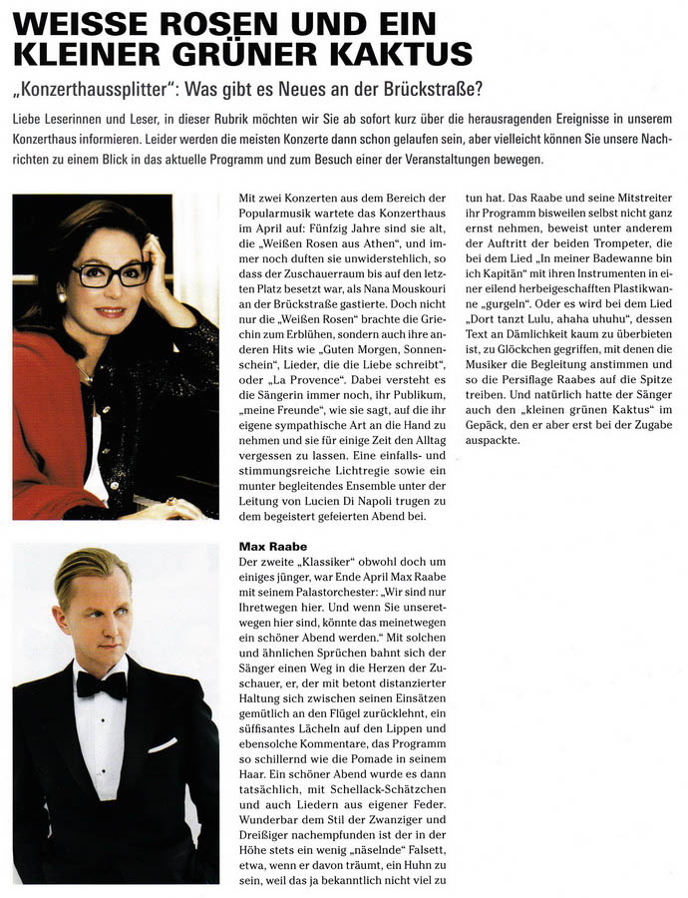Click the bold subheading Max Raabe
(273, 547)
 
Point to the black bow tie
(102, 685)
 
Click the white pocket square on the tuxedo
(163, 744)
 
